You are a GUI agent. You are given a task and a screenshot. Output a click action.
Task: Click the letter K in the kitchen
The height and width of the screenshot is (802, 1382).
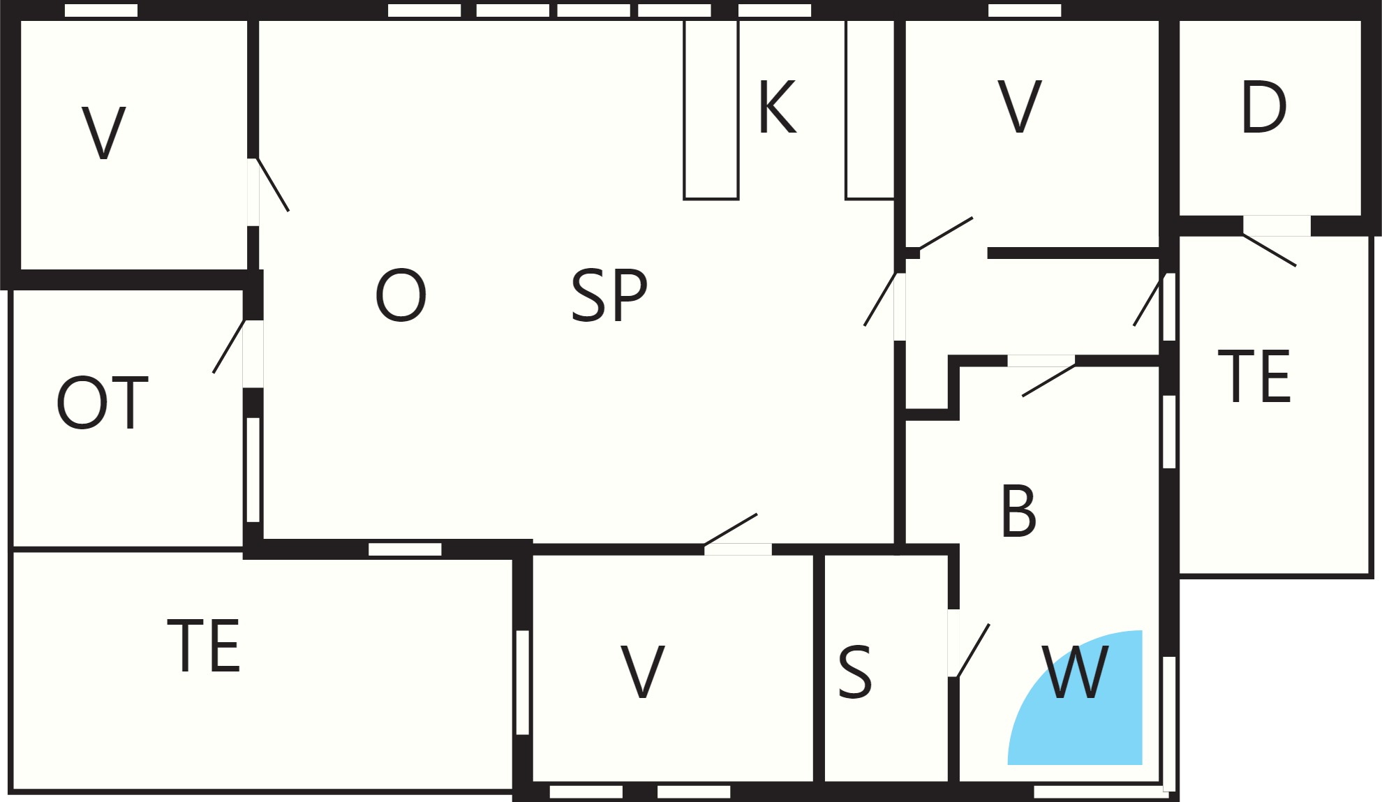777,107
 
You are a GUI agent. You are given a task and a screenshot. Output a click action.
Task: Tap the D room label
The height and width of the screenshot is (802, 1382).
1264,107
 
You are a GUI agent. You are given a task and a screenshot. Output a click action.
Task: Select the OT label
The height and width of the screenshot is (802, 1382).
103,403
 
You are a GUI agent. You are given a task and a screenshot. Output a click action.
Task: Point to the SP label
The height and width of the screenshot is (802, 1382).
609,296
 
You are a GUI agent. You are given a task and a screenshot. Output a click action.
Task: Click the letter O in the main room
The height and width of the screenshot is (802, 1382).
401,296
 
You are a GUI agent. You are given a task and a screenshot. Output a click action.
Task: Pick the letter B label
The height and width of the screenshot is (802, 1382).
1018,512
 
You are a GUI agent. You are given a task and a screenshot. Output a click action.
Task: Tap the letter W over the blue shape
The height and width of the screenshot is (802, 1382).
1075,671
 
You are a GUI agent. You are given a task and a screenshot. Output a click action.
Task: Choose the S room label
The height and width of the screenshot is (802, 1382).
855,671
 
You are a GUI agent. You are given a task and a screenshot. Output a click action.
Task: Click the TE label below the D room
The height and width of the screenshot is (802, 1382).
1254,376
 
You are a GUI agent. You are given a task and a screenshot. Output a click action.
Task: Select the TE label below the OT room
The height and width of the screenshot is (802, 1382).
204,646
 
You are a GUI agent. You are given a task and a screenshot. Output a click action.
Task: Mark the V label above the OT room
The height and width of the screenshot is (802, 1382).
104,133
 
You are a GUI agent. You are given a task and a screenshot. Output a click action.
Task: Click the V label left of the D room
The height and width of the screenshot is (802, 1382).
1020,107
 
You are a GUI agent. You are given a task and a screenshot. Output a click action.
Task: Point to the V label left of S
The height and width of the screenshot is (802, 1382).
643,671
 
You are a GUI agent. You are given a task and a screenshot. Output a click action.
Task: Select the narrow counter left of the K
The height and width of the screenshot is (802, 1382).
711,110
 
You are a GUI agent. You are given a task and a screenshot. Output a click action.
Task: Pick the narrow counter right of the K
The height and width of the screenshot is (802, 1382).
870,110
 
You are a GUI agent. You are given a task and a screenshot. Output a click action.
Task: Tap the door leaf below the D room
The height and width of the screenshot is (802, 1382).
1270,250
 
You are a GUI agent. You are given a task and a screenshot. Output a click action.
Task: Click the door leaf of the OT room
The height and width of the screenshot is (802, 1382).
229,346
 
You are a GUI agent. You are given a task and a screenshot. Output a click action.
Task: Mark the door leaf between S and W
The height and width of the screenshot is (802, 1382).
973,651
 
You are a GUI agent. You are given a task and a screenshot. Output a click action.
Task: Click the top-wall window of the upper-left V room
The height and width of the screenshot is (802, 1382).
101,10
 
